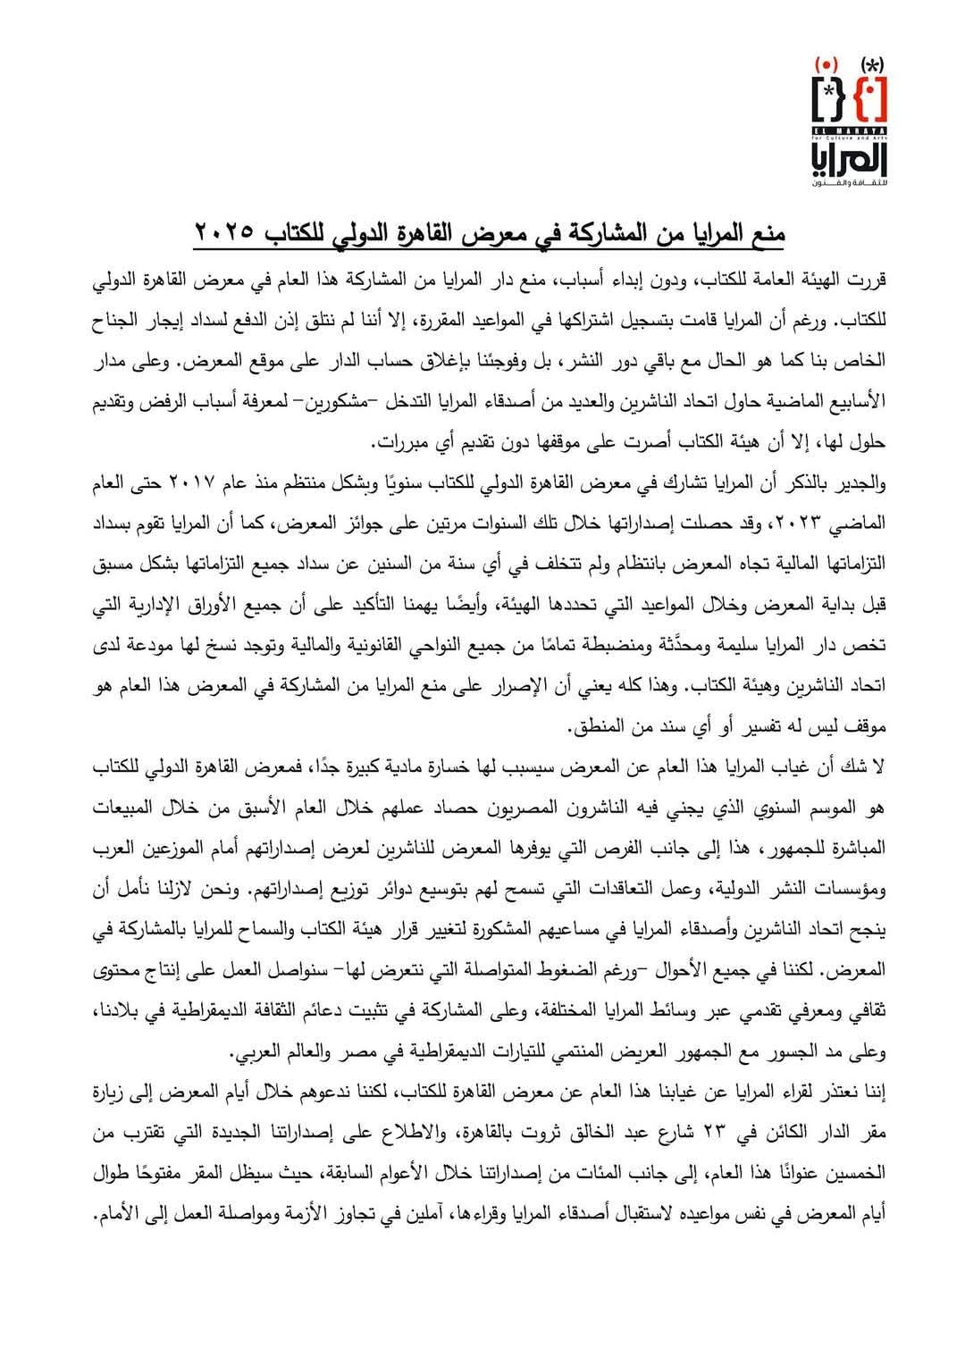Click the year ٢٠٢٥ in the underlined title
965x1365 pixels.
[223, 235]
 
